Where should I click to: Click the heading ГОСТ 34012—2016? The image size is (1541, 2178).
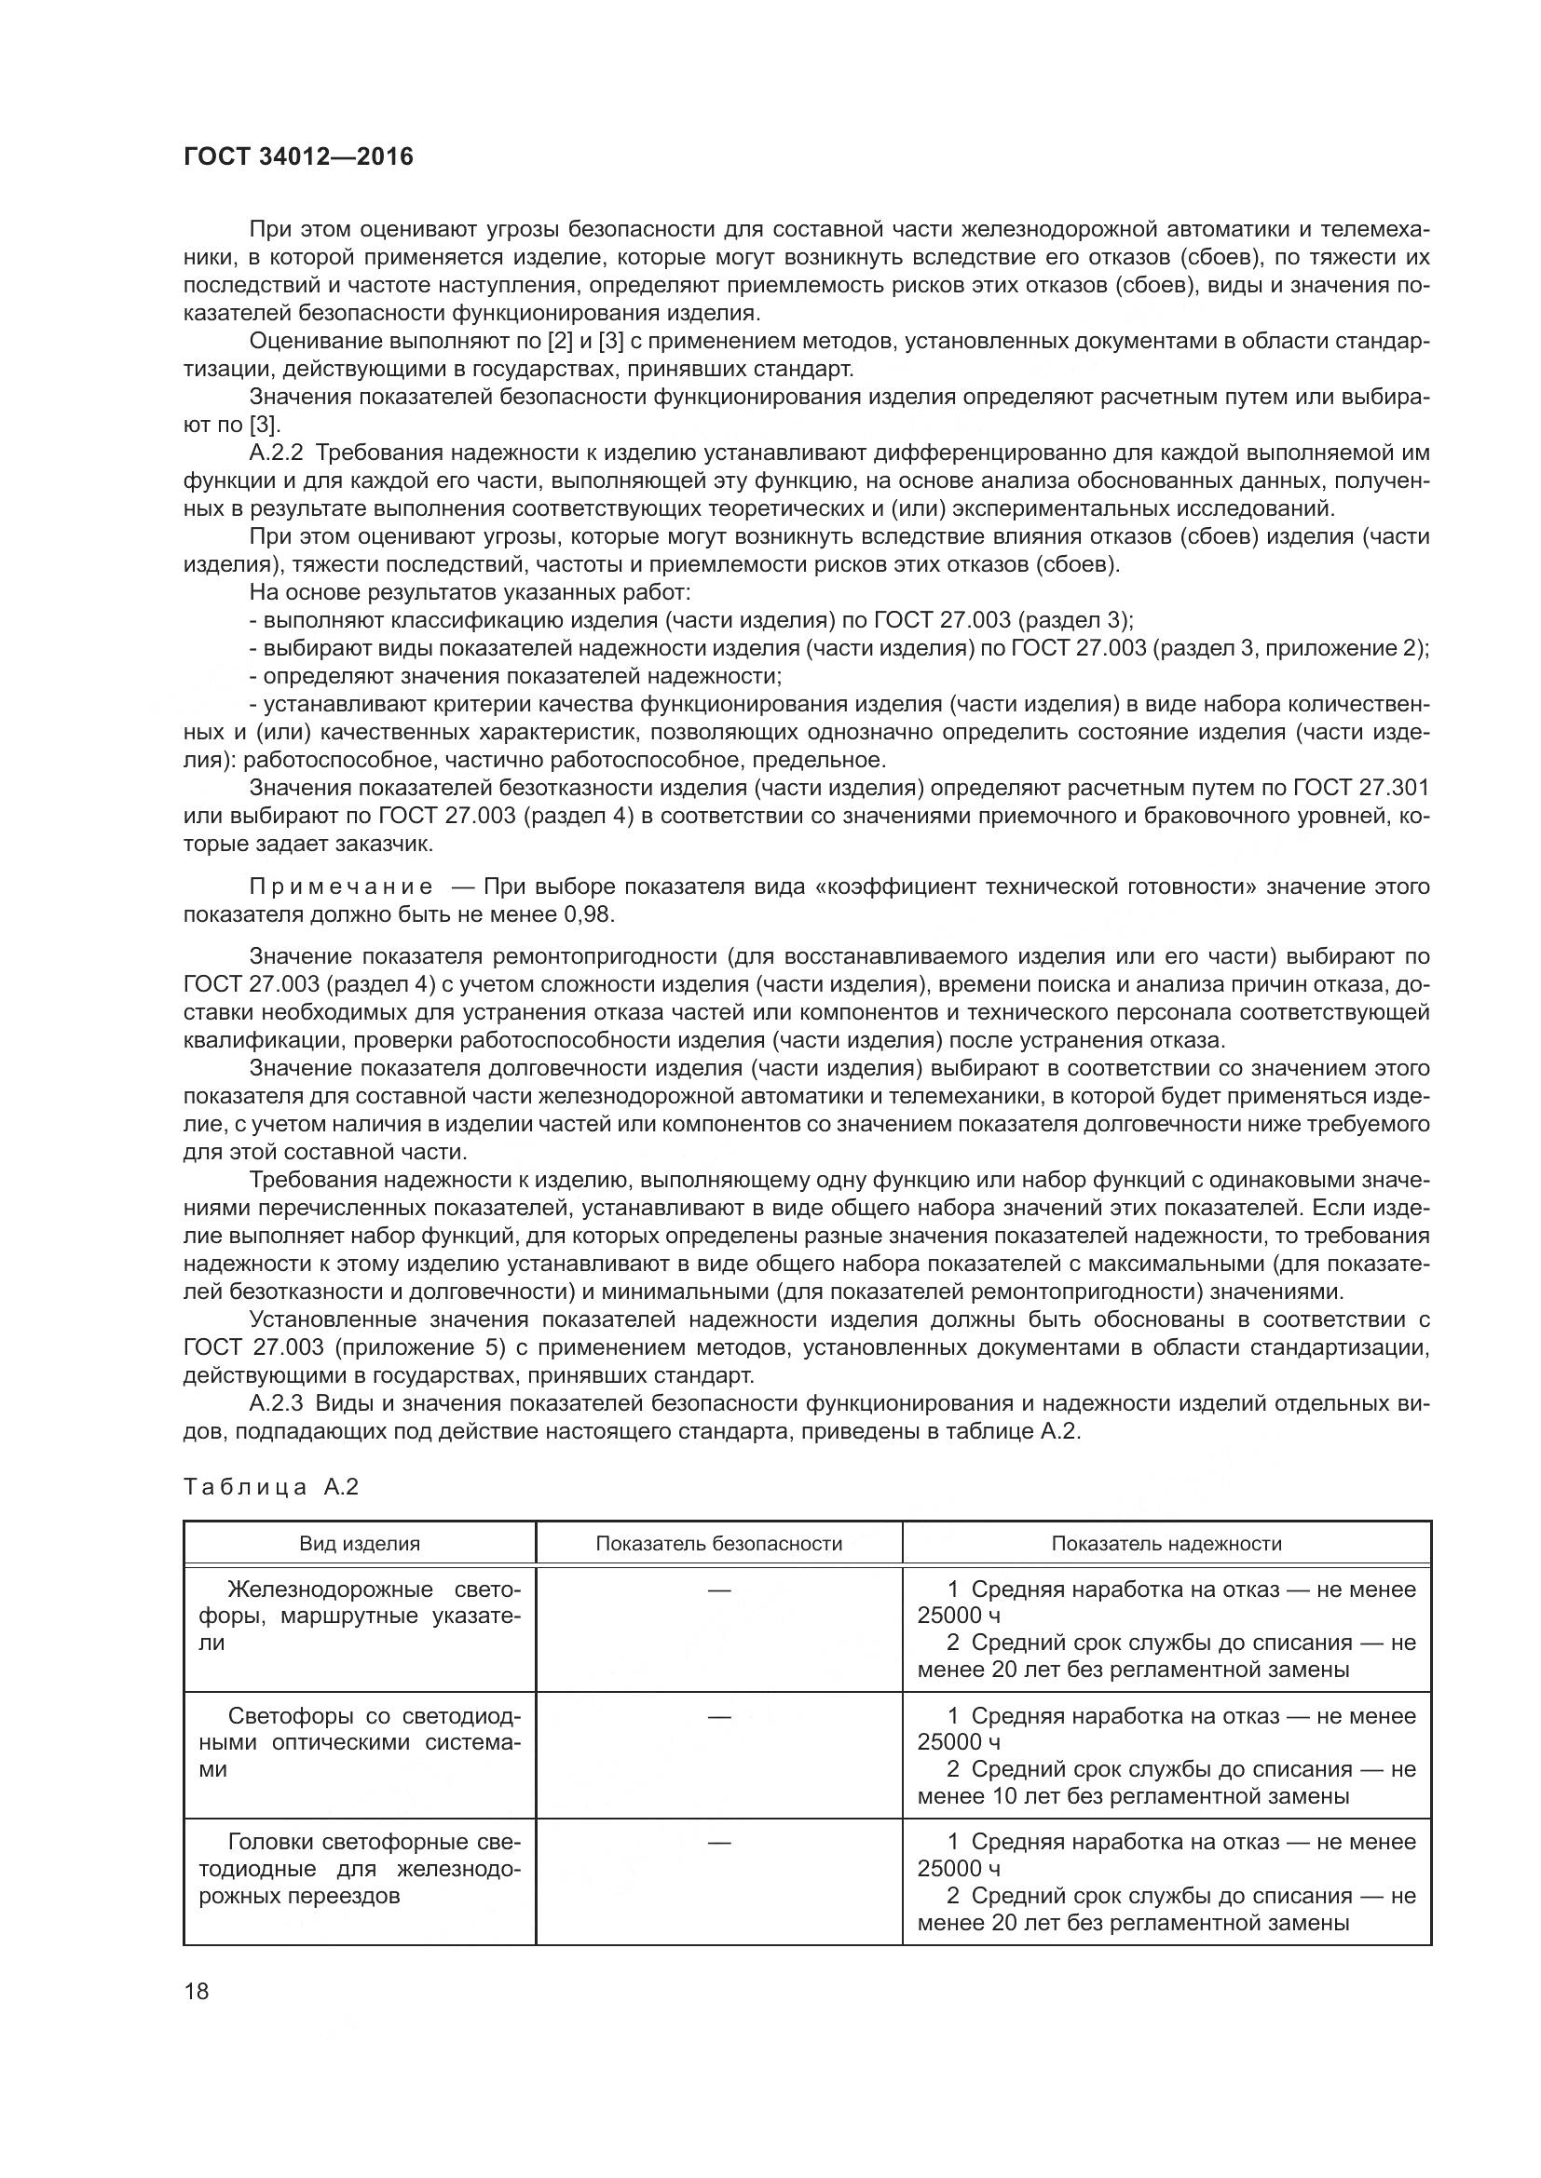298,157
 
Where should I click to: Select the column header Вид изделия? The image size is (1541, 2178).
360,1543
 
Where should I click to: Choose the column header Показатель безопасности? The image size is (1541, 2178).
718,1543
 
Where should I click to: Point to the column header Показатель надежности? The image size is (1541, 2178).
1166,1543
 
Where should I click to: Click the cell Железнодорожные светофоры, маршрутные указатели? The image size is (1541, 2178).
360,1616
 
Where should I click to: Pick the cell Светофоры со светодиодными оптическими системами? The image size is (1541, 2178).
360,1741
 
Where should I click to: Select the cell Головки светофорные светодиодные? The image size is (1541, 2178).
360,1868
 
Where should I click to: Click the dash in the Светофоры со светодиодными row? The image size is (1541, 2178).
718,1716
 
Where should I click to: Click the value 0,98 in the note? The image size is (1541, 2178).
588,914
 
